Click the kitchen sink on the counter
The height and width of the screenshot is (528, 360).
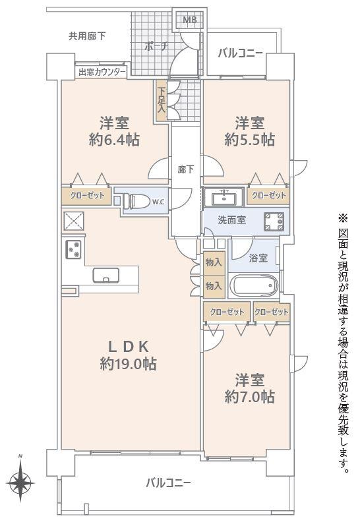pos(106,275)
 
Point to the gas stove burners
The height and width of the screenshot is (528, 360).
pos(73,249)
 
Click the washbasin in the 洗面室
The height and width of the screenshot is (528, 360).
pos(224,196)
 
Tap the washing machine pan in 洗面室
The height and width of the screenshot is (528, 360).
pos(274,222)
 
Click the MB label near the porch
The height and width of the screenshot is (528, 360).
pos(190,20)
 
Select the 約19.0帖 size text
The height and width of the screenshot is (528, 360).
pos(128,363)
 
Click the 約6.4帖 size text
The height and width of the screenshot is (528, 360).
pos(114,139)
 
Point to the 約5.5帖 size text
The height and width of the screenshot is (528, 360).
pos(249,139)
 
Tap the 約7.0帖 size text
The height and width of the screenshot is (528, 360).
pos(249,397)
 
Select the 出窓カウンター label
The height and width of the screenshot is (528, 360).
pos(101,72)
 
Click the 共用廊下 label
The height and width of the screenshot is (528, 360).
pos(87,36)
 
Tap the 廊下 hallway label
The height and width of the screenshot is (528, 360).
pos(185,169)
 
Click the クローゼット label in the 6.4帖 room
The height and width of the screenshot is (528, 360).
pos(87,195)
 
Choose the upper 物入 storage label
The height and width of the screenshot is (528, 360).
pos(214,262)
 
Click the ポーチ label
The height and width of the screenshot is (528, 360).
pos(156,46)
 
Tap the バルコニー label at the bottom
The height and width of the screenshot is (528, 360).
pos(168,483)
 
